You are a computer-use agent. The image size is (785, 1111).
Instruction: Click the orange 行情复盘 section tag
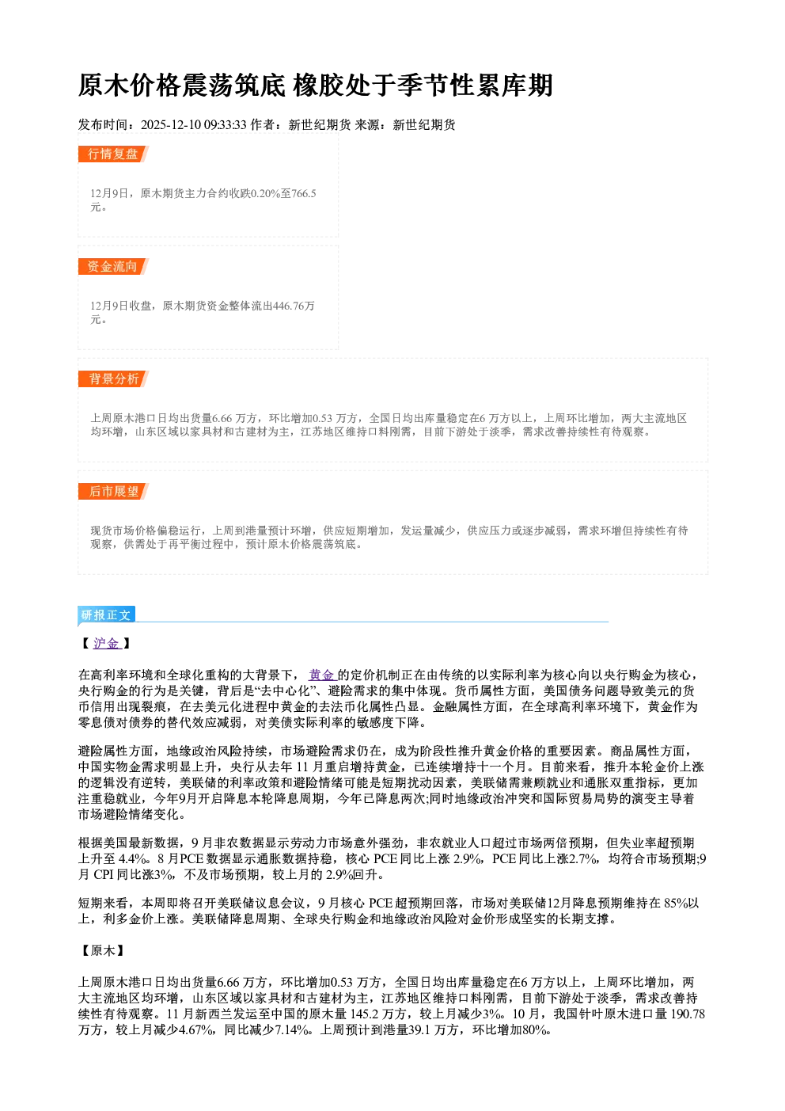113,154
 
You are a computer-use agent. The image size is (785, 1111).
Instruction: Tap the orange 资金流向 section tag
113,266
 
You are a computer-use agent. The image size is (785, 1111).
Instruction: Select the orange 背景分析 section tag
113,379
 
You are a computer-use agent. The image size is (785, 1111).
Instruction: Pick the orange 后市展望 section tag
113,492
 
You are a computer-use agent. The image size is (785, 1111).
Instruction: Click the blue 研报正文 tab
106,615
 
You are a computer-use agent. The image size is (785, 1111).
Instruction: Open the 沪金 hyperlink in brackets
106,644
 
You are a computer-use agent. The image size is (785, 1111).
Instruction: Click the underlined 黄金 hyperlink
322,675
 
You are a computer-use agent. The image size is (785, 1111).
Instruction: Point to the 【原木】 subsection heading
103,950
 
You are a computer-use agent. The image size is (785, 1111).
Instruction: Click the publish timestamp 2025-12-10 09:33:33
194,124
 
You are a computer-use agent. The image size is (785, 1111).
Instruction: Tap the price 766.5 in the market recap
304,193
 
